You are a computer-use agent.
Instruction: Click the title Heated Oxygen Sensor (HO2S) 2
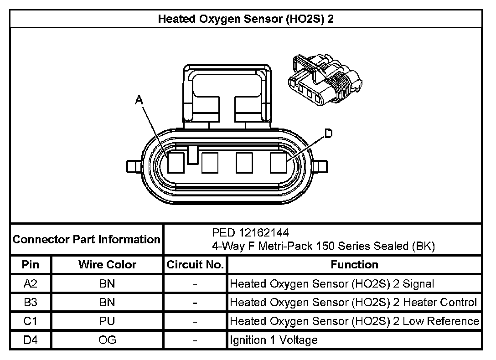point(248,19)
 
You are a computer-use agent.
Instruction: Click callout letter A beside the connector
point(139,100)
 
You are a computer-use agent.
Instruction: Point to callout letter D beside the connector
point(328,134)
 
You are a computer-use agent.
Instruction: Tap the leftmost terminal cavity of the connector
point(176,163)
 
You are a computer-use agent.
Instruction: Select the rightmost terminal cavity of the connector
point(278,163)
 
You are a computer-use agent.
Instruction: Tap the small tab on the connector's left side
point(133,166)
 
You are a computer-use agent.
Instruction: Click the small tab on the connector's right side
point(321,166)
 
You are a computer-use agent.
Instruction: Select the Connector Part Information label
point(87,239)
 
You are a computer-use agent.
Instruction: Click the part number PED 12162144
point(250,233)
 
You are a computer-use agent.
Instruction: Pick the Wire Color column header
point(107,265)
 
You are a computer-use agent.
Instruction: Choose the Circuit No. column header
point(195,265)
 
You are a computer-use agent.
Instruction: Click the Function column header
point(354,265)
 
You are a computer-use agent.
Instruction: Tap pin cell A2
point(31,284)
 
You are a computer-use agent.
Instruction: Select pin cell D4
point(31,340)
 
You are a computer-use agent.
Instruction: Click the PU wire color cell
point(107,321)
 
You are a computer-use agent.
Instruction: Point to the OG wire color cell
point(107,340)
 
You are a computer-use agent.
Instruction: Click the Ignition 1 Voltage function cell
point(274,340)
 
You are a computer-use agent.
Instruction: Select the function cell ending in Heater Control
point(353,303)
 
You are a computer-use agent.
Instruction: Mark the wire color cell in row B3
point(107,303)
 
